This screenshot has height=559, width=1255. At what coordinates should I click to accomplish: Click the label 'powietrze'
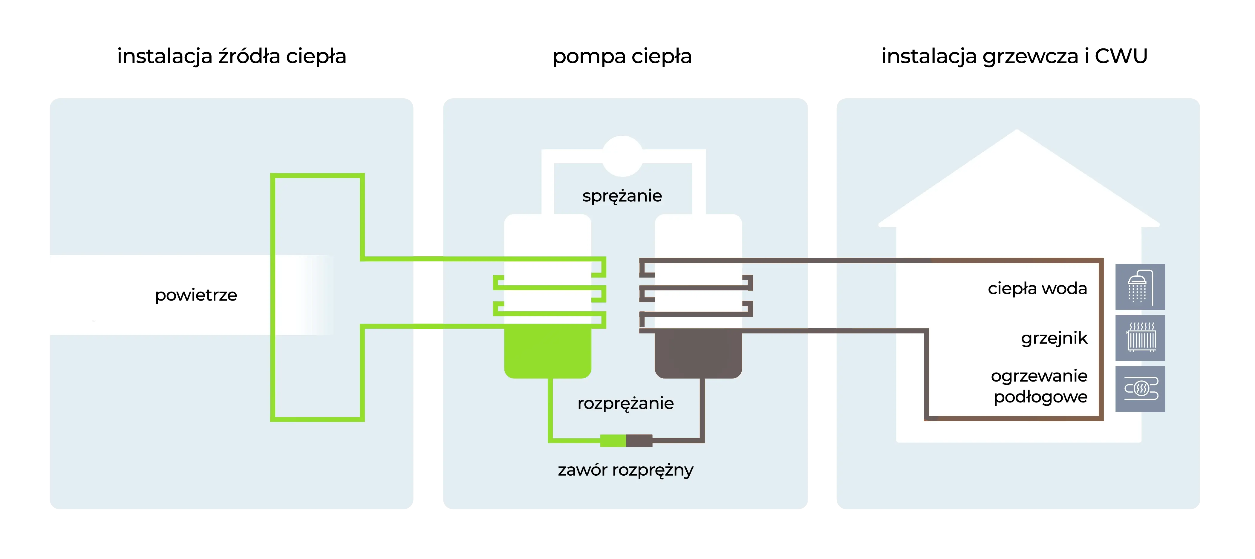(x=196, y=295)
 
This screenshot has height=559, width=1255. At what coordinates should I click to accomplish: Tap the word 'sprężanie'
(x=622, y=196)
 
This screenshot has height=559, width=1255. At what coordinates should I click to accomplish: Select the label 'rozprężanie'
(x=625, y=403)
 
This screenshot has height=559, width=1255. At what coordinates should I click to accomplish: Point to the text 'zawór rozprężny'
(x=625, y=470)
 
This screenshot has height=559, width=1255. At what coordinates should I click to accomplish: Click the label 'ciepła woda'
(x=1037, y=289)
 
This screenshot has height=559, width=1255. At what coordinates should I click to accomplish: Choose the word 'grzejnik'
(x=1054, y=338)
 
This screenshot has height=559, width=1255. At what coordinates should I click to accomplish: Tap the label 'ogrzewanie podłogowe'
(x=1040, y=386)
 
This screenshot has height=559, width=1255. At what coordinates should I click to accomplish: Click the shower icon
(x=1140, y=287)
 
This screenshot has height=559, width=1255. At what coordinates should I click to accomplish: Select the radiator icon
(x=1140, y=337)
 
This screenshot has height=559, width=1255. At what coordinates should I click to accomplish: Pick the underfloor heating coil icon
(x=1140, y=389)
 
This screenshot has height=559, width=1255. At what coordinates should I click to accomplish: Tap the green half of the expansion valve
(x=613, y=441)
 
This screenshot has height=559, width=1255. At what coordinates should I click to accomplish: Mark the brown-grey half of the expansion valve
(x=639, y=441)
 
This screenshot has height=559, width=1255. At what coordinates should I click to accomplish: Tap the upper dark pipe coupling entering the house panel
(x=822, y=261)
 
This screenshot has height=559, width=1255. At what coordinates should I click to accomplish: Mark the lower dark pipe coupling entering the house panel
(x=822, y=331)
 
